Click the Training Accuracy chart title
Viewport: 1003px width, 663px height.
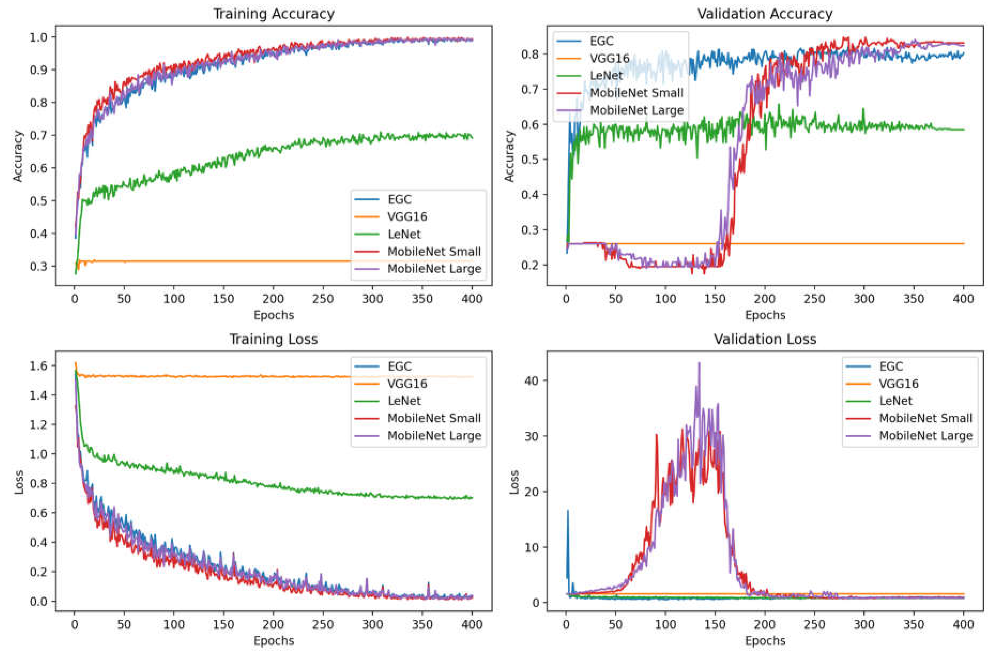(274, 14)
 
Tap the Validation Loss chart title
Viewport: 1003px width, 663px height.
(765, 339)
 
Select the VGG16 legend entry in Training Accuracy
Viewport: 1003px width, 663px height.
(407, 217)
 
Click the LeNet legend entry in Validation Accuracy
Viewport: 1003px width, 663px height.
(606, 76)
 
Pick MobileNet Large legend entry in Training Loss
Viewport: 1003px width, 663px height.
(434, 435)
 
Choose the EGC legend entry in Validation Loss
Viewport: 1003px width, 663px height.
(891, 367)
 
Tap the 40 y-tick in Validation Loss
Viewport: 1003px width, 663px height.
(532, 380)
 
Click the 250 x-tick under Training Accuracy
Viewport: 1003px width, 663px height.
(323, 299)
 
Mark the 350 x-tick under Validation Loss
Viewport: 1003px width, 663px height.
(914, 625)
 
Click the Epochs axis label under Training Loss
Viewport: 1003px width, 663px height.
(274, 641)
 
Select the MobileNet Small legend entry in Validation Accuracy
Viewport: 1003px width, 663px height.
(636, 93)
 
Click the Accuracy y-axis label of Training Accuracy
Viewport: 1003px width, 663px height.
(18, 156)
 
